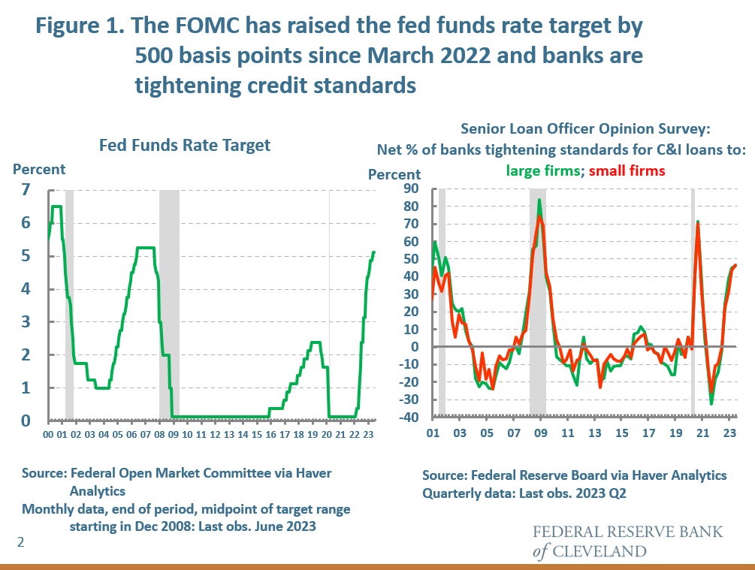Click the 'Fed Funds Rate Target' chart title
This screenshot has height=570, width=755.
click(185, 145)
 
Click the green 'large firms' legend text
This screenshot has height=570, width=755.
click(540, 170)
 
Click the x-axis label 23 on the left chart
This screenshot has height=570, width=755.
click(368, 434)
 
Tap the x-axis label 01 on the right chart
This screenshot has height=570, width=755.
click(432, 434)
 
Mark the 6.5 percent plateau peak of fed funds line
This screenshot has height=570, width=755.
click(56, 207)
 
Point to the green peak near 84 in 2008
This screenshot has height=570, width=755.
click(539, 200)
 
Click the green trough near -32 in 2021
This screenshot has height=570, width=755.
click(711, 403)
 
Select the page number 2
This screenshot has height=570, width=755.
click(21, 541)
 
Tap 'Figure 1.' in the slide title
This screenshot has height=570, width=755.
click(80, 26)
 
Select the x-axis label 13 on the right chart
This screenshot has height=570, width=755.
click(594, 434)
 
